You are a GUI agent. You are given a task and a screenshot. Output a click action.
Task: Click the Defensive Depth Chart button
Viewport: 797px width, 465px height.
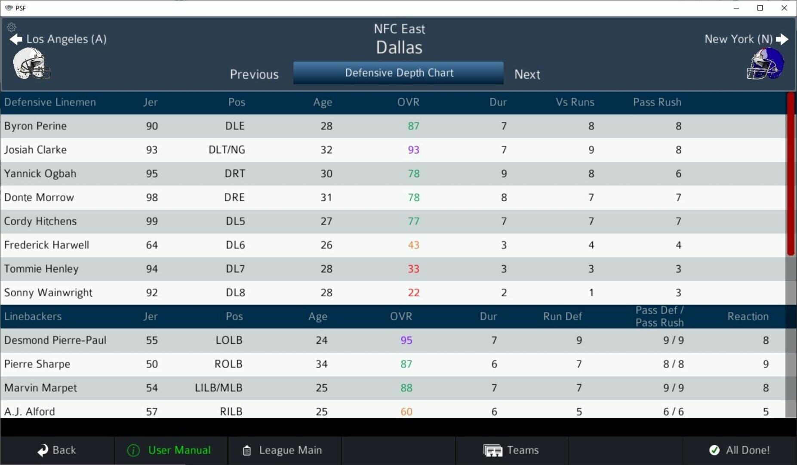coord(398,73)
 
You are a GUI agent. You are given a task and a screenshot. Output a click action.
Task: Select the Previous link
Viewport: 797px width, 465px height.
coord(254,74)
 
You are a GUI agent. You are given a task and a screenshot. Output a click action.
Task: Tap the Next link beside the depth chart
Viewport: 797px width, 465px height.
coord(527,74)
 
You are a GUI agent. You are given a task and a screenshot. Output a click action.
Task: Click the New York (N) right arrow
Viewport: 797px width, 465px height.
coord(782,39)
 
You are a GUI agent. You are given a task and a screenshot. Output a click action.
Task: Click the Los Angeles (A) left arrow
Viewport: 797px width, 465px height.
coord(16,39)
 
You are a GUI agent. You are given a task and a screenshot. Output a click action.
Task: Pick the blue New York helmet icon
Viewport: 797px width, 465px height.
coord(766,64)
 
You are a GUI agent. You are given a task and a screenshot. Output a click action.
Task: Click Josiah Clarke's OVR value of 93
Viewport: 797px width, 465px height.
coord(413,150)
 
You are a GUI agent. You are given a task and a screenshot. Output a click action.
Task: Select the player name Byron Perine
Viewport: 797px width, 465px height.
coord(36,126)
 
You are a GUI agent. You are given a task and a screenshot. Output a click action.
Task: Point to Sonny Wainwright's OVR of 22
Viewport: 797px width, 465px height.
coord(413,293)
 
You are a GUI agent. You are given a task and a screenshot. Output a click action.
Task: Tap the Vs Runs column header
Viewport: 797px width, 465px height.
coord(575,102)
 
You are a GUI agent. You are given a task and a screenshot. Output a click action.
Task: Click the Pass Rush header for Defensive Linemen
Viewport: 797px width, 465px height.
coord(657,102)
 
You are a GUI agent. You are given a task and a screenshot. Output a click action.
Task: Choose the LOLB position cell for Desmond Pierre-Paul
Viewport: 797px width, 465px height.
coord(229,340)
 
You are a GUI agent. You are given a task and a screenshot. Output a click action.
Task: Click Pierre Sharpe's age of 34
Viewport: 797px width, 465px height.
coord(321,364)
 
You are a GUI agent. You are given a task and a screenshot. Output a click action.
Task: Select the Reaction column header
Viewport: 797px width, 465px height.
coord(748,316)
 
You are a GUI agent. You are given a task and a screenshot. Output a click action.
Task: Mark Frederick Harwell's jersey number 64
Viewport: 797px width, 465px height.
coord(152,245)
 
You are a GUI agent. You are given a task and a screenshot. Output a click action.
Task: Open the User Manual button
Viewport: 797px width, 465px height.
coord(169,450)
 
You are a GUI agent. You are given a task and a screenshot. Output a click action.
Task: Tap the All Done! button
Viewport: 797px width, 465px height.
coord(740,450)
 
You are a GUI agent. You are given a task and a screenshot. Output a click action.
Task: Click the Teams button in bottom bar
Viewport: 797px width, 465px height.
coord(511,450)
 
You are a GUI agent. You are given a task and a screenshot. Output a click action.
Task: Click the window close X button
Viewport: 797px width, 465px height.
coord(784,8)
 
